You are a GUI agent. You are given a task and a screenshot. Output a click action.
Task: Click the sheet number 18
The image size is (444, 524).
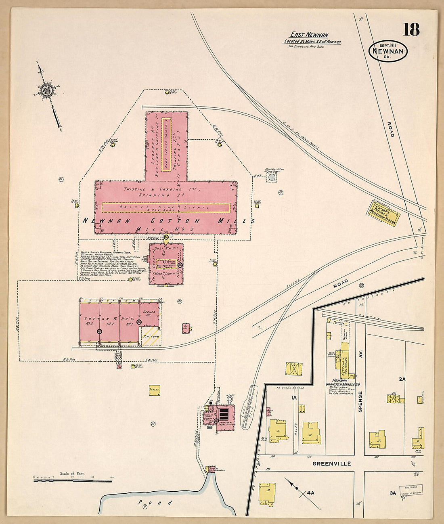[411, 29]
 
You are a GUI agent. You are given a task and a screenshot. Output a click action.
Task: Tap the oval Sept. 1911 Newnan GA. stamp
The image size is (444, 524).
[388, 51]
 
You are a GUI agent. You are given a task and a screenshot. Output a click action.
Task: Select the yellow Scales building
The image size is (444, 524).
[154, 390]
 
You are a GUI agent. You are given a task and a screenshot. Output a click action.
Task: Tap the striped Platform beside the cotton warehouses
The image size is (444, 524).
[151, 336]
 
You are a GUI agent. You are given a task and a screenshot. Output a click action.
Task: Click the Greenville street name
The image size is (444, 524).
[332, 464]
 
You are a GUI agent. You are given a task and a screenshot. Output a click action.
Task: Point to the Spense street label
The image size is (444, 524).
[360, 401]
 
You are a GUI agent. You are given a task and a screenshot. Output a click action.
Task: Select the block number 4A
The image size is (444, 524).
[310, 493]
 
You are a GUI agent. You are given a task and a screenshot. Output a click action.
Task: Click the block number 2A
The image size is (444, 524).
[402, 379]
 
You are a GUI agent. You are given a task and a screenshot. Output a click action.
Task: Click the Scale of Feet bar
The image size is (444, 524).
[73, 480]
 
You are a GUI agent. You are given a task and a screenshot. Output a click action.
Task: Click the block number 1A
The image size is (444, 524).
[294, 398]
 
